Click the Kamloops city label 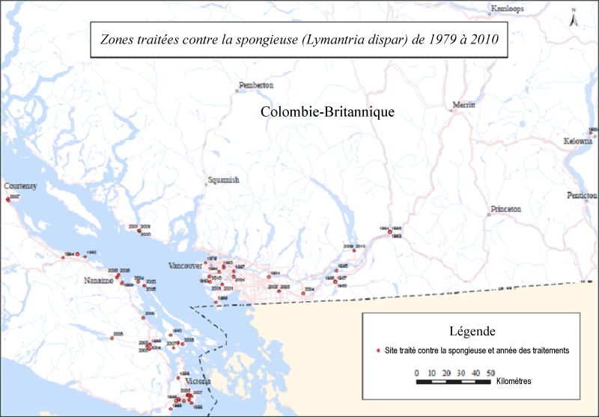click(507, 9)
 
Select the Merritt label click(463, 106)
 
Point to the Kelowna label click(577, 141)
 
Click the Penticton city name click(582, 195)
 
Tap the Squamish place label click(223, 180)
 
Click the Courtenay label click(20, 185)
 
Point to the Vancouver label click(186, 266)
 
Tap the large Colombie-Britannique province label click(327, 112)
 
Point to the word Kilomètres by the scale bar click(514, 381)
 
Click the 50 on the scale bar click(490, 372)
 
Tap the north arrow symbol click(573, 19)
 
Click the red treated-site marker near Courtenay click(7, 199)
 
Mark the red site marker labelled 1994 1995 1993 click(390, 232)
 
